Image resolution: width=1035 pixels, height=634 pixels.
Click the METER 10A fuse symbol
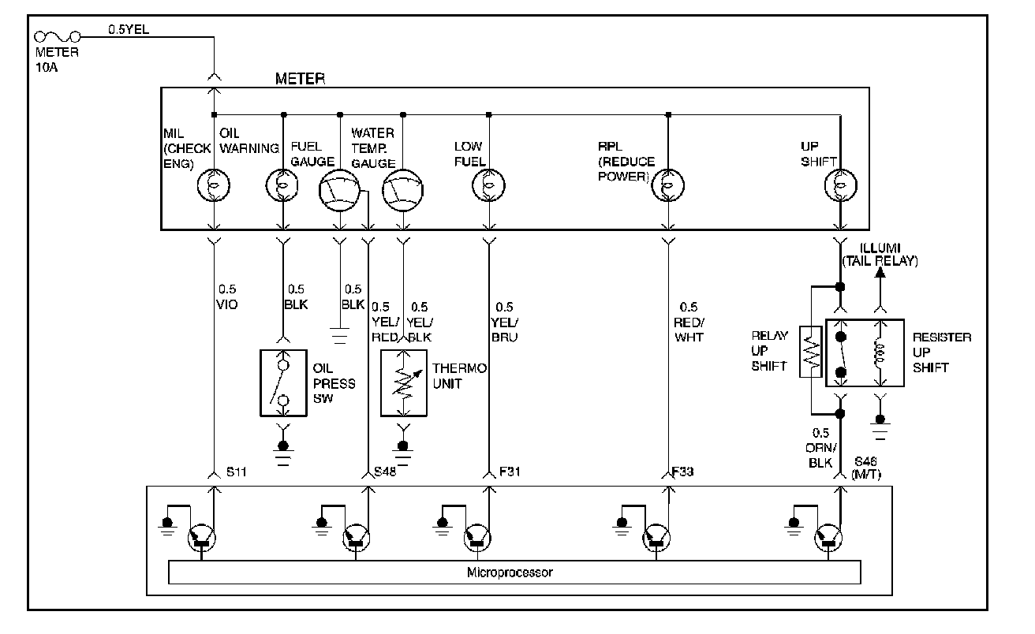click(58, 36)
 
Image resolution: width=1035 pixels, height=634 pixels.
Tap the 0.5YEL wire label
click(129, 29)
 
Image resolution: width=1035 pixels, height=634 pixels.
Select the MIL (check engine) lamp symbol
click(214, 185)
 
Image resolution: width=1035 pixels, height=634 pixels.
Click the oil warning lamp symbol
click(282, 185)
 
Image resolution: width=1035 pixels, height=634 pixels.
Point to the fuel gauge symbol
click(339, 190)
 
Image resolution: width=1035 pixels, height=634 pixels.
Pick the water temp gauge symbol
click(402, 190)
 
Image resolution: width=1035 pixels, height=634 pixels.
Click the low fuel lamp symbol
click(488, 185)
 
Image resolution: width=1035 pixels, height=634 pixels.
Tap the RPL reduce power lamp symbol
click(667, 185)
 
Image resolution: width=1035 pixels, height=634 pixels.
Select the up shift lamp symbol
click(841, 185)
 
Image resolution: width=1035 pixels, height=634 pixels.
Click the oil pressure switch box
click(283, 383)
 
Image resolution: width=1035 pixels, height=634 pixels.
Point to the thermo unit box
click(403, 383)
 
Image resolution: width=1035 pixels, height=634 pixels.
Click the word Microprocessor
click(510, 572)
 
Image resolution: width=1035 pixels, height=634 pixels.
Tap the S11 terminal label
click(236, 472)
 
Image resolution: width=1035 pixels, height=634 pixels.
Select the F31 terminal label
click(510, 472)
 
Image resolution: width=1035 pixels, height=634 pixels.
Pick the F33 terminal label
click(683, 472)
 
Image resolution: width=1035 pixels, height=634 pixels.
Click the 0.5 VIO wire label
click(227, 297)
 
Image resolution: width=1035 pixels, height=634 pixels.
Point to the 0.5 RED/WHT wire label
click(689, 323)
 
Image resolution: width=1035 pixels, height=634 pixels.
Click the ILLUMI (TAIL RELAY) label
click(880, 255)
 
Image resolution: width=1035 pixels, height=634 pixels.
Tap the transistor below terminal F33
click(656, 538)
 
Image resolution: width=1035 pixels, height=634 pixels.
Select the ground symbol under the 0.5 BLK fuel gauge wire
click(339, 336)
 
